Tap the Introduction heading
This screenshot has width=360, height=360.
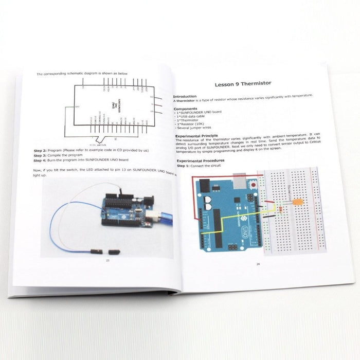coord(185,96)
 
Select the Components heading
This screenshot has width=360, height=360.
coord(185,109)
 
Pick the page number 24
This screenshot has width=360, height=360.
coord(258,264)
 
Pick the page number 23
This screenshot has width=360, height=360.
coord(107,260)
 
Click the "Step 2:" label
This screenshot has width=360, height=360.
coord(41,150)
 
